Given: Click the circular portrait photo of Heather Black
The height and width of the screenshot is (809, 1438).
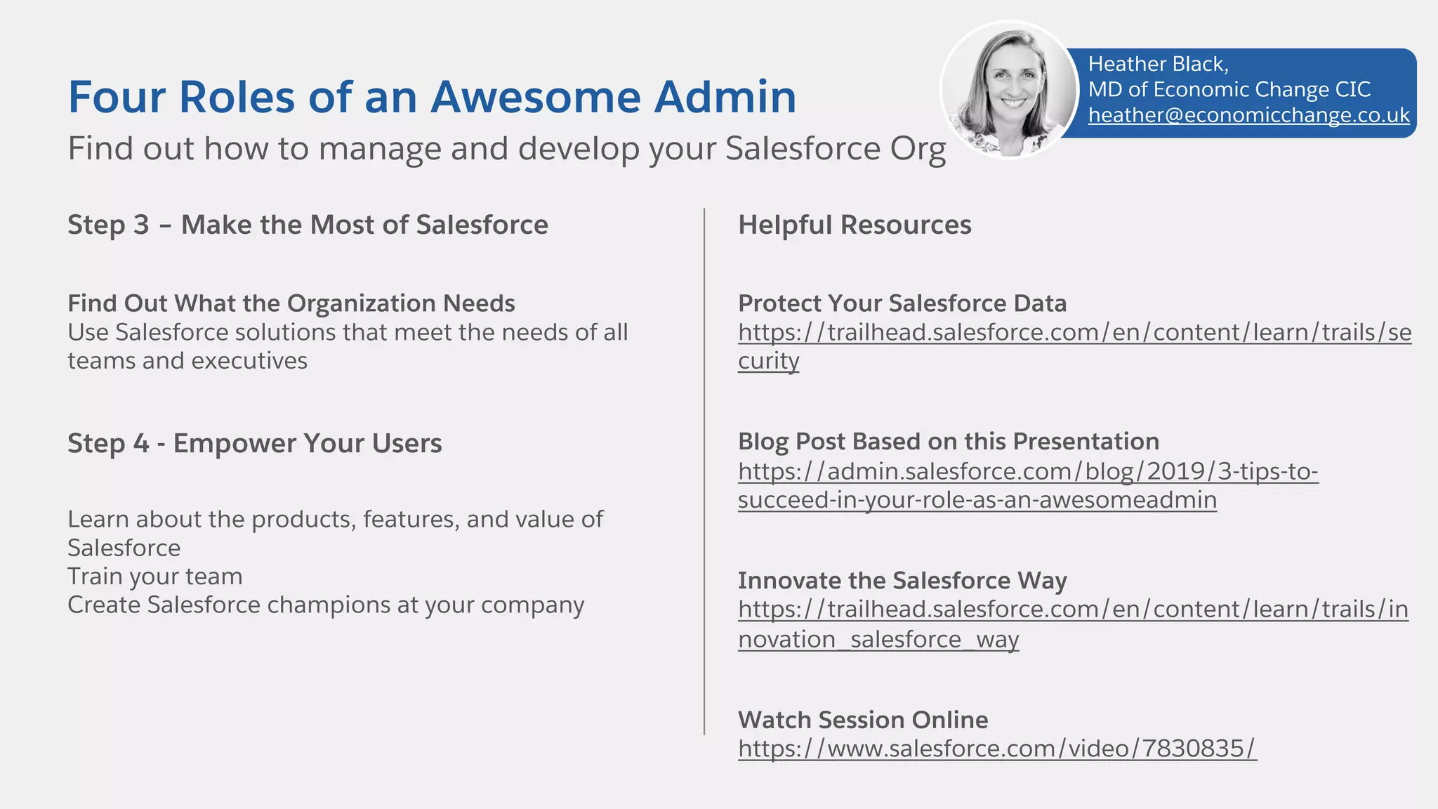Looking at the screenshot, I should click(1009, 89).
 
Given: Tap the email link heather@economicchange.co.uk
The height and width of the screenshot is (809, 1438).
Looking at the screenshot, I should click(1248, 115).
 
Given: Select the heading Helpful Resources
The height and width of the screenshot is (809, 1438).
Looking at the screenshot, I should click(855, 225).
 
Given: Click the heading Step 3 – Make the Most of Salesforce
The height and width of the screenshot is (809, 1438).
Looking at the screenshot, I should click(308, 225).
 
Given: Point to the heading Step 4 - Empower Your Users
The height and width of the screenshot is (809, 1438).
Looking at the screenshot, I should click(254, 443).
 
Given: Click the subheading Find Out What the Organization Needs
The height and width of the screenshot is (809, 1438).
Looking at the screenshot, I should click(291, 303).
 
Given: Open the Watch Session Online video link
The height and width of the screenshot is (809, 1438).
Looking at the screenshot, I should click(996, 749).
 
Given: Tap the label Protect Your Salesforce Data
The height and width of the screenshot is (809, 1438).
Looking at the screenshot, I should click(902, 303).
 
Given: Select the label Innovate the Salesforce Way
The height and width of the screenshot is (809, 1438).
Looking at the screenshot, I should click(902, 581).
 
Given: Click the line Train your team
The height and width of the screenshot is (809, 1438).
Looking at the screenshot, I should click(154, 577).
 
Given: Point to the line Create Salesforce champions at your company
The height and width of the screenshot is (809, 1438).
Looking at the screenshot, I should click(325, 605).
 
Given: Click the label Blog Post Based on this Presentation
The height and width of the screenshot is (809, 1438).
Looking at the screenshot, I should click(948, 442).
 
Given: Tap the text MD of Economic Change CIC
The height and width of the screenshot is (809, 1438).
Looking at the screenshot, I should click(1229, 90).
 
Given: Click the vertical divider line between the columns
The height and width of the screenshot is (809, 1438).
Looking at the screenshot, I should click(704, 471).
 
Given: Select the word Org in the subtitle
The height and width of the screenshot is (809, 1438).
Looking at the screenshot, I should click(918, 149).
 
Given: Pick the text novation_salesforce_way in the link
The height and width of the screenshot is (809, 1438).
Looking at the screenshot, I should click(878, 640).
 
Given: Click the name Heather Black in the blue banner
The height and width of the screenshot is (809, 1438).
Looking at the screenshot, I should click(1157, 64).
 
